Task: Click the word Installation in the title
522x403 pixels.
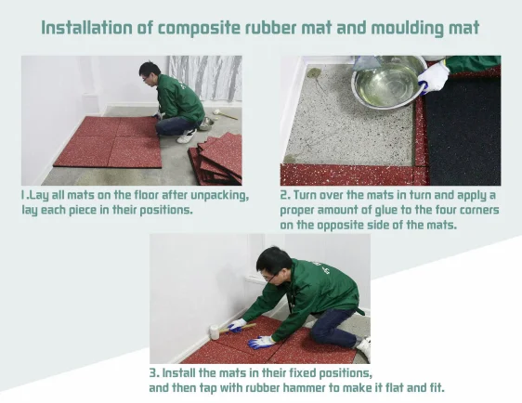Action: pyautogui.click(x=86, y=28)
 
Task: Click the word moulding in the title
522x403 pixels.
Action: pyautogui.click(x=408, y=29)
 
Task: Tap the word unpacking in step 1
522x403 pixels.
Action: pyautogui.click(x=219, y=195)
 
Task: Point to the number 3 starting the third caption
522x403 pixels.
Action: pyautogui.click(x=153, y=373)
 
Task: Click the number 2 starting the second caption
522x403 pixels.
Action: pyautogui.click(x=283, y=195)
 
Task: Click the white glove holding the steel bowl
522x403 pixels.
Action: pyautogui.click(x=433, y=78)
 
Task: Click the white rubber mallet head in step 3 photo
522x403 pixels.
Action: pyautogui.click(x=214, y=332)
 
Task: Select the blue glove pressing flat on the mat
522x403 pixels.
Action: pyautogui.click(x=260, y=343)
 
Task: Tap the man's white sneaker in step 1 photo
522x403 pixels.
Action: pyautogui.click(x=186, y=136)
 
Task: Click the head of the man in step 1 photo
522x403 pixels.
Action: pyautogui.click(x=149, y=73)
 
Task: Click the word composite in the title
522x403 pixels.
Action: pyautogui.click(x=199, y=29)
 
